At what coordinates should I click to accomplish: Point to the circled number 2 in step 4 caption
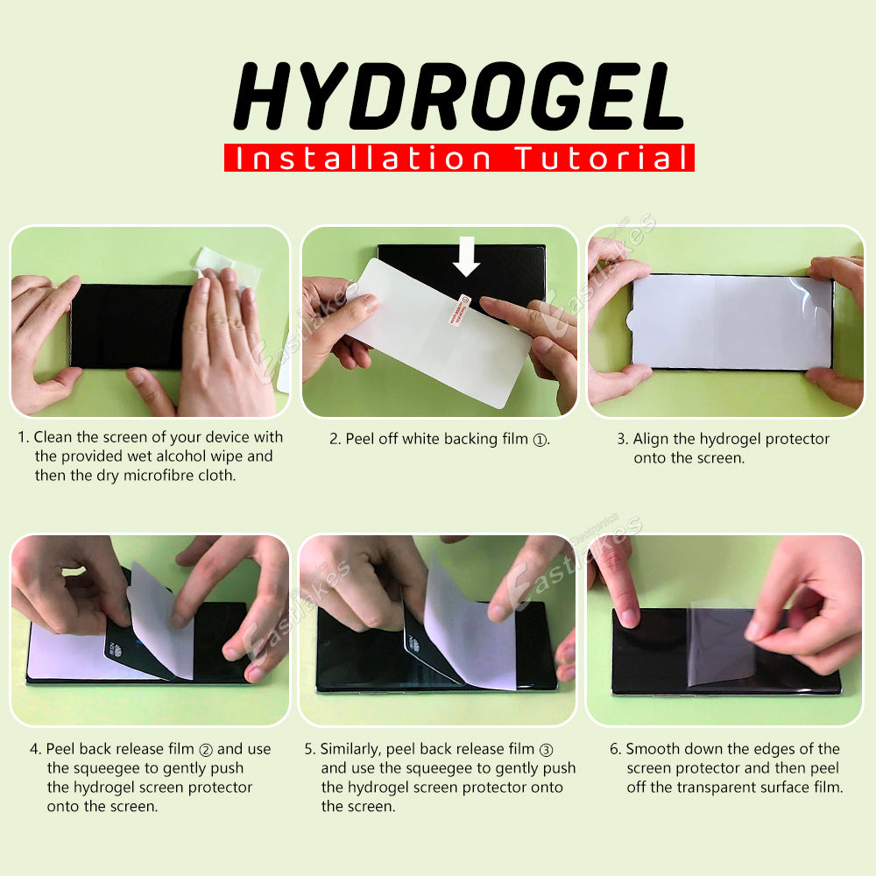206,750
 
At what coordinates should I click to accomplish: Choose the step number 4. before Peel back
35,750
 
